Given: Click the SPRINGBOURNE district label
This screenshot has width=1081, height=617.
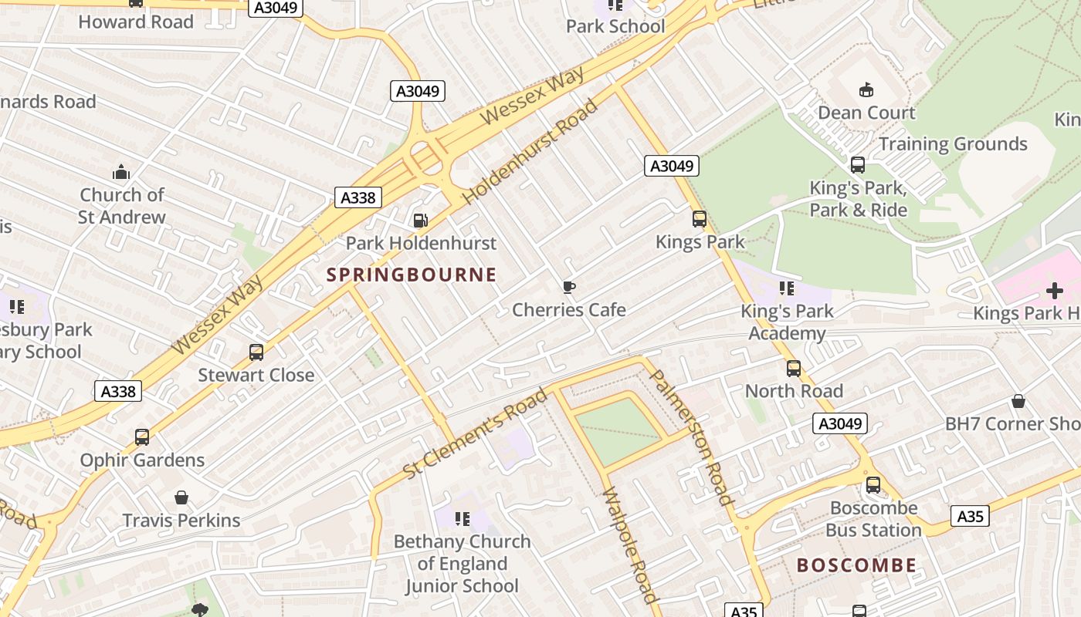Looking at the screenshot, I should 412,275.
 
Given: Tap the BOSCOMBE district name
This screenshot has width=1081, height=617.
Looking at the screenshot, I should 856,565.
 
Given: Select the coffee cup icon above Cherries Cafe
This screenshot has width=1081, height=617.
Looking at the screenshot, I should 569,288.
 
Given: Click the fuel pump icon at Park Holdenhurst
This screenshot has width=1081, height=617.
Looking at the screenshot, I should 420,221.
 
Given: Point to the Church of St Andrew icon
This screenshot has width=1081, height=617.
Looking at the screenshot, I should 121,172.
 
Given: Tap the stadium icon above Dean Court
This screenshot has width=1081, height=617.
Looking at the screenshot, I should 866,89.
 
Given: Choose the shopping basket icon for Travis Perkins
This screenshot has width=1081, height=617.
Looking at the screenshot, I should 181,497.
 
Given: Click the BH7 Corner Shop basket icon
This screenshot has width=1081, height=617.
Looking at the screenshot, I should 1018,401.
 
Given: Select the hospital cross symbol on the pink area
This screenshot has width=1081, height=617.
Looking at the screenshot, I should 1054,291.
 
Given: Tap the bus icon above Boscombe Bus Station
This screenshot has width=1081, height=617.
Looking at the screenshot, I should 873,485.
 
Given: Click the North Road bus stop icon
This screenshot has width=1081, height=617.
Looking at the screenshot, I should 794,369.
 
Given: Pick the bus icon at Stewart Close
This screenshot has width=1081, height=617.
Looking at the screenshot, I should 256,352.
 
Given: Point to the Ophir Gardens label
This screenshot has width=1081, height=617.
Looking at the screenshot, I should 142,460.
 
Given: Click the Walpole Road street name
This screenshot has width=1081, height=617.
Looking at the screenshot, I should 631,546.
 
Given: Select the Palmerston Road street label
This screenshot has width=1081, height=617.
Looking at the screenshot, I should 691,437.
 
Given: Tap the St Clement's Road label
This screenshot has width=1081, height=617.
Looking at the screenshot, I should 476,433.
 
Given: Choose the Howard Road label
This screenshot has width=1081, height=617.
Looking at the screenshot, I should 136,22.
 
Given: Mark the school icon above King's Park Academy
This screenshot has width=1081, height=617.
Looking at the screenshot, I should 787,288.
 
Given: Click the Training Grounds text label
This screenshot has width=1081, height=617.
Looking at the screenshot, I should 953,144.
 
